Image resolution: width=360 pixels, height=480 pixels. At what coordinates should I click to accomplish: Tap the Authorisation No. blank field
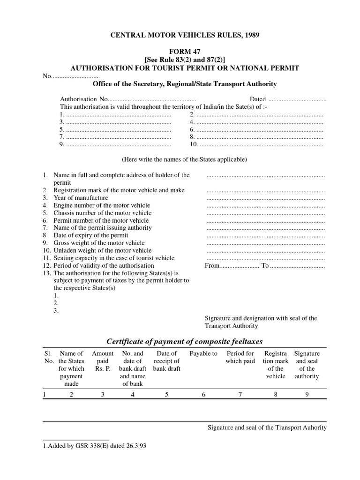coord(152,99)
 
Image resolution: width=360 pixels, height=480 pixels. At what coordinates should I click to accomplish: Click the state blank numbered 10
coord(260,144)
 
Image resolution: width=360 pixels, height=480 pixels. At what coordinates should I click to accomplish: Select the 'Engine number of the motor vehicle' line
coord(102,205)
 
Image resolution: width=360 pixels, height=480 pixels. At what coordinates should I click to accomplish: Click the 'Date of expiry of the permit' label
coord(91,235)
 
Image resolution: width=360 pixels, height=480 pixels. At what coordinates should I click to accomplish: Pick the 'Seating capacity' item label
coord(114,258)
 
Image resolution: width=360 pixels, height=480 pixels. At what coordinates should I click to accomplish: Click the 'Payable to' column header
coord(203,353)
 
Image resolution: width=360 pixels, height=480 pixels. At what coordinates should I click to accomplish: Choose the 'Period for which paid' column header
coord(240,357)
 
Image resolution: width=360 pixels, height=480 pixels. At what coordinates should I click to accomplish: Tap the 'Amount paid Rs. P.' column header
coord(103,361)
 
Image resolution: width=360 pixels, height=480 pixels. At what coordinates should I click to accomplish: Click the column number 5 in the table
coord(166,395)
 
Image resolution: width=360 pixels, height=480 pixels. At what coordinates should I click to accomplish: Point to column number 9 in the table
coord(307,395)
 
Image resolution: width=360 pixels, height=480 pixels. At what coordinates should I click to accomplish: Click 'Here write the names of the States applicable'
coord(184,159)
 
